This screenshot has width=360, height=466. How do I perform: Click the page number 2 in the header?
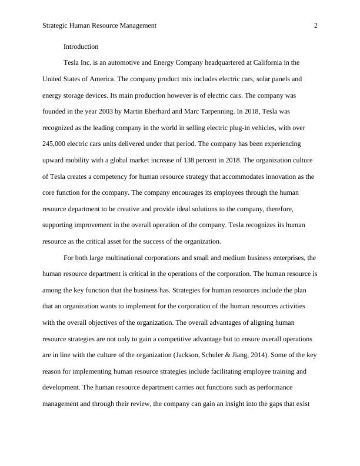[316, 25]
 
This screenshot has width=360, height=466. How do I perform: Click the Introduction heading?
[81, 46]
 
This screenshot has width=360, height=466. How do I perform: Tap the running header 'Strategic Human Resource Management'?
[100, 25]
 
